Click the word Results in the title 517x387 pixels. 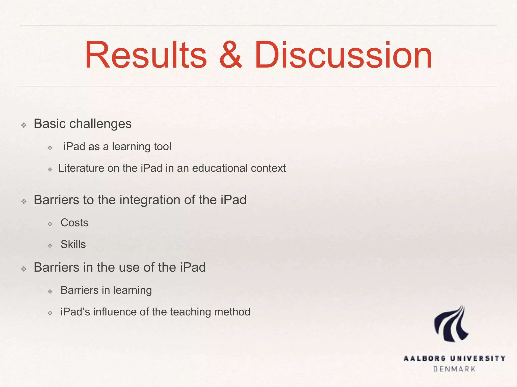[x=146, y=55]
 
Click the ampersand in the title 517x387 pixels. [x=230, y=55]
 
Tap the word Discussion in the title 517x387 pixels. [x=343, y=55]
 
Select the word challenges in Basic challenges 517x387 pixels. [x=100, y=124]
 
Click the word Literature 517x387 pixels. [x=81, y=168]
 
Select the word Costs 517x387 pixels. [x=74, y=223]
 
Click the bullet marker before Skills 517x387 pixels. [x=50, y=245]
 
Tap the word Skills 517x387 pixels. [x=73, y=244]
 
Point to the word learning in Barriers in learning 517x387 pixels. [x=132, y=291]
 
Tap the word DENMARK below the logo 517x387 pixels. [x=454, y=369]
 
